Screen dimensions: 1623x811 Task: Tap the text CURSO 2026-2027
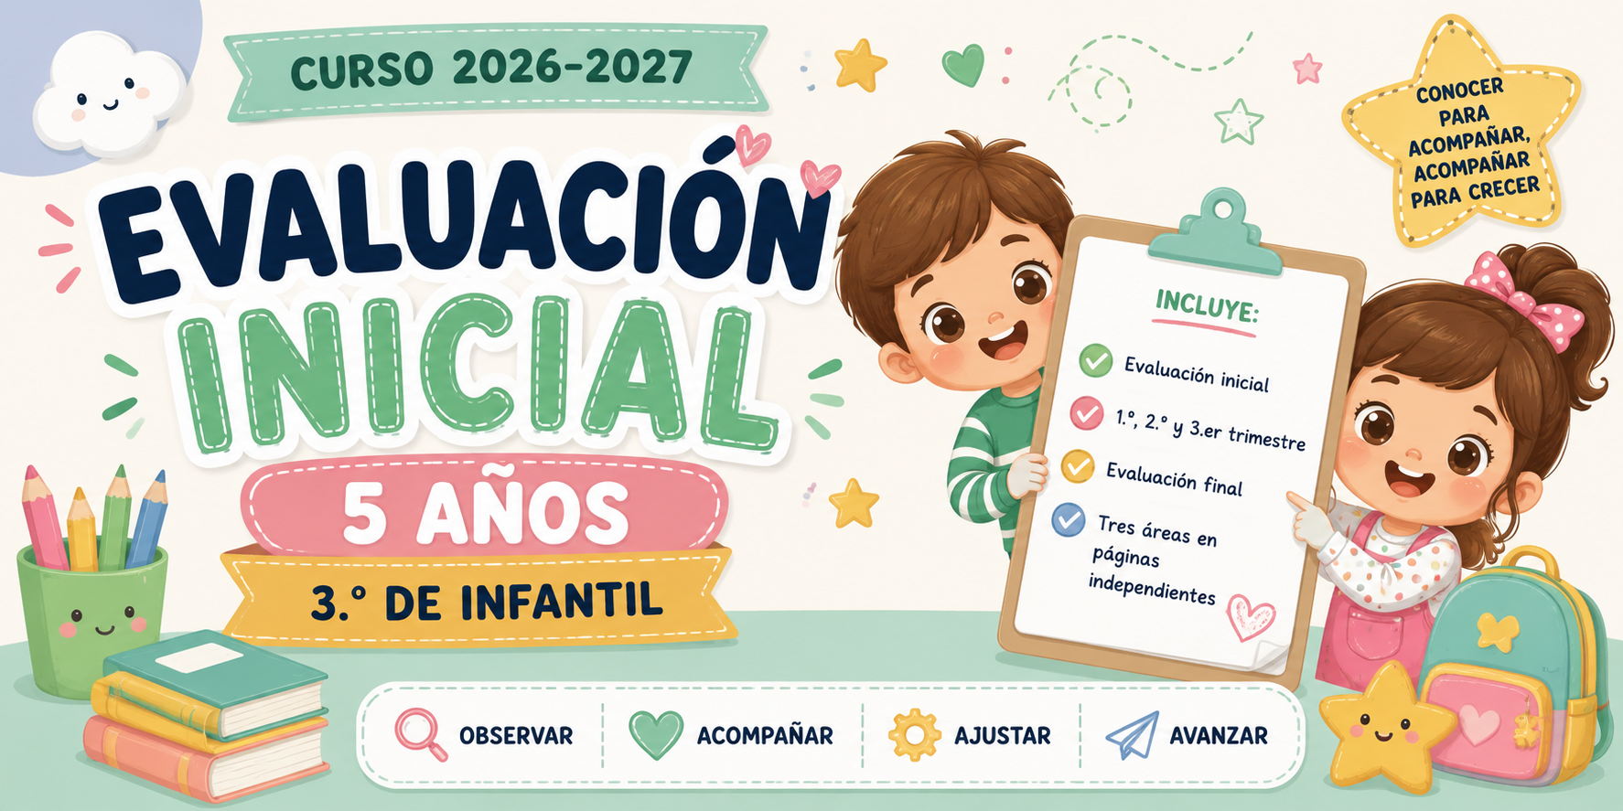[x=491, y=69]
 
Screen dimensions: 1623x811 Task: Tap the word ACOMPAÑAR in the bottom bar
[x=765, y=735]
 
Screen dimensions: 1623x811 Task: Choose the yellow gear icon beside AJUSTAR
[x=914, y=735]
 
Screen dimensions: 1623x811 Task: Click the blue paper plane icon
[x=1133, y=735]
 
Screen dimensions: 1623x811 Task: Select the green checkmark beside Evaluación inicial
[x=1095, y=360]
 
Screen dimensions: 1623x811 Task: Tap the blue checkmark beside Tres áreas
[x=1068, y=519]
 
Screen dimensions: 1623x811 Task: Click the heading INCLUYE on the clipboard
[x=1207, y=306]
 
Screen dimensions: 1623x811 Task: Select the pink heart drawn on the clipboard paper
[x=1250, y=615]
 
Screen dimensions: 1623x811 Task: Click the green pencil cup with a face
[x=92, y=618]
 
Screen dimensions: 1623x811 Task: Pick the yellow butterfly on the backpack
[x=1498, y=631]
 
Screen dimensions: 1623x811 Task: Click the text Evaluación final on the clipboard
[x=1174, y=477]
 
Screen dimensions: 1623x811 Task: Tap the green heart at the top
[x=963, y=65]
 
